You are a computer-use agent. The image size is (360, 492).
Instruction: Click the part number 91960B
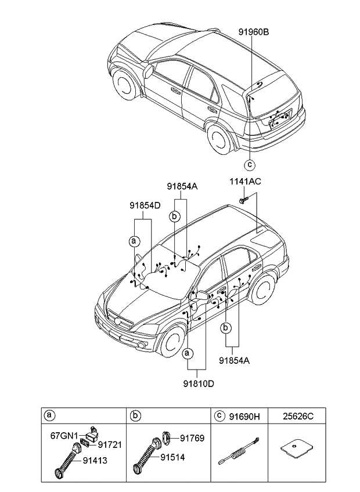[254, 32]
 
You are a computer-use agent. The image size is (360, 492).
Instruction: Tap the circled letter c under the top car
[250, 164]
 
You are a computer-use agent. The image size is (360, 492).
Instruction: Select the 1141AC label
[246, 182]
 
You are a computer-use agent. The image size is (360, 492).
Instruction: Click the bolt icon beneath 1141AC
[243, 199]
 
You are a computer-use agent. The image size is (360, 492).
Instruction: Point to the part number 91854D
[145, 205]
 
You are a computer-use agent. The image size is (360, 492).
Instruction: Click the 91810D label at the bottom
[199, 384]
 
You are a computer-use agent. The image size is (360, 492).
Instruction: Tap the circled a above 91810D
[188, 354]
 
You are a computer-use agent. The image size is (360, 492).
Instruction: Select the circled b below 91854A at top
[175, 216]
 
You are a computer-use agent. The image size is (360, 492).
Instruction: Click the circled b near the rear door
[225, 328]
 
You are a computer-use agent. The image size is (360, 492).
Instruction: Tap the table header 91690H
[244, 417]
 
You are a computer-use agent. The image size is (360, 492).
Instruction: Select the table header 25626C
[298, 417]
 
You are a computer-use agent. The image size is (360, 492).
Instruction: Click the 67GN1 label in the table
[64, 436]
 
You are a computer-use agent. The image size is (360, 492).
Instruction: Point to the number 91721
[110, 444]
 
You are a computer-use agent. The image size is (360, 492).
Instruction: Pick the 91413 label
[95, 460]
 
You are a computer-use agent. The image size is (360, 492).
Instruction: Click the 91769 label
[192, 438]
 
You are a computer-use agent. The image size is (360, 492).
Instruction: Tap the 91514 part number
[172, 458]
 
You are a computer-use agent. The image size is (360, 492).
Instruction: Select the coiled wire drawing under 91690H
[239, 451]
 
